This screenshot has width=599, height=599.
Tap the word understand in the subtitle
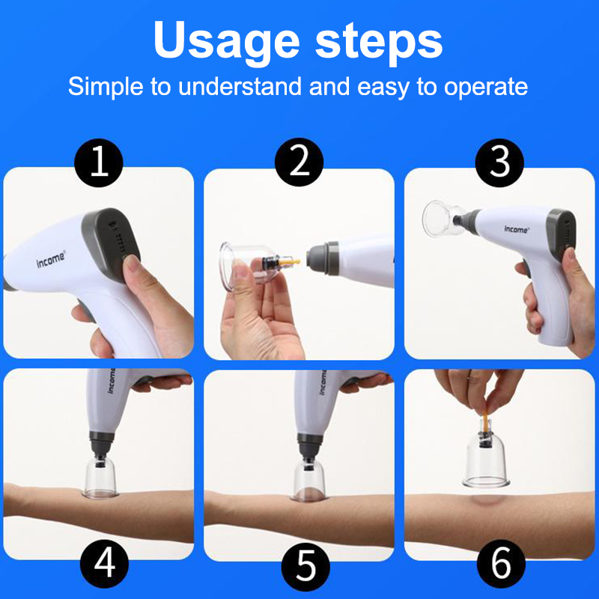pyautogui.click(x=240, y=86)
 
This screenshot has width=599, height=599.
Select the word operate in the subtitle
pyautogui.click(x=486, y=88)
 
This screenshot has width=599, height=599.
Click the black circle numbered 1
pyautogui.click(x=99, y=162)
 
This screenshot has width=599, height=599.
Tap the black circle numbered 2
pyautogui.click(x=299, y=162)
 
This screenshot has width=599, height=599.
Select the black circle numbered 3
pyautogui.click(x=499, y=162)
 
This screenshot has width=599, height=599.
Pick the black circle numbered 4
pyautogui.click(x=104, y=564)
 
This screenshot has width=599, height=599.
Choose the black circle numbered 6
pyautogui.click(x=501, y=564)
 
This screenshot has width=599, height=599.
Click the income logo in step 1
pyautogui.click(x=51, y=259)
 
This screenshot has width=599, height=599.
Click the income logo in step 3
pyautogui.click(x=516, y=229)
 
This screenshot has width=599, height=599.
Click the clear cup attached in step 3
pyautogui.click(x=443, y=219)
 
